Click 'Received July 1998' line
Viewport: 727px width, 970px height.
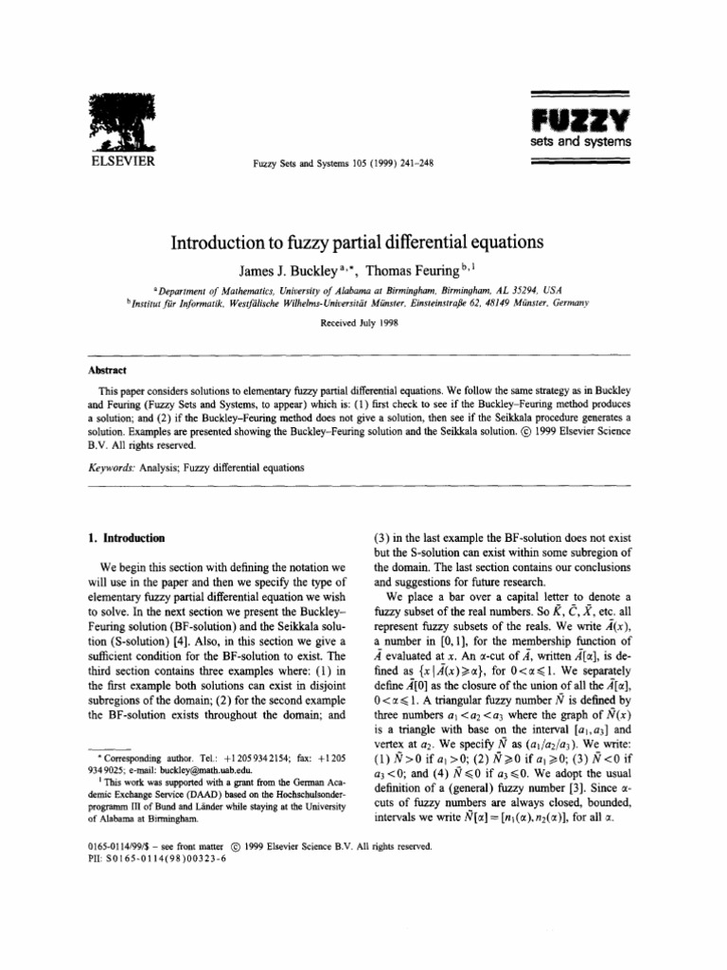click(363, 322)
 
